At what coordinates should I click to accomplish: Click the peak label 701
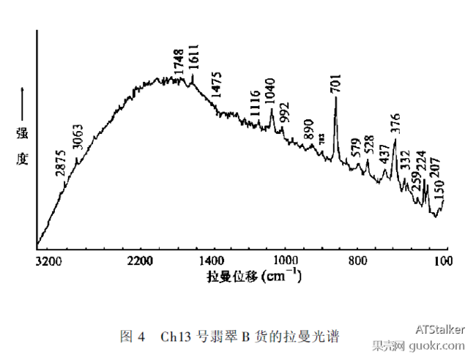(336, 83)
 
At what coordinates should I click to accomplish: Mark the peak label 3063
(78, 137)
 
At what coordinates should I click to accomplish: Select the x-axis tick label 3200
(45, 260)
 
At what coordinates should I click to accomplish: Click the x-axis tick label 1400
(212, 260)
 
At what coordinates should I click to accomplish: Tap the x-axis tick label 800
(357, 260)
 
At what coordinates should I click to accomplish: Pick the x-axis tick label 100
(441, 260)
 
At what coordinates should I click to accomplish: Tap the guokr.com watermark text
(439, 345)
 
